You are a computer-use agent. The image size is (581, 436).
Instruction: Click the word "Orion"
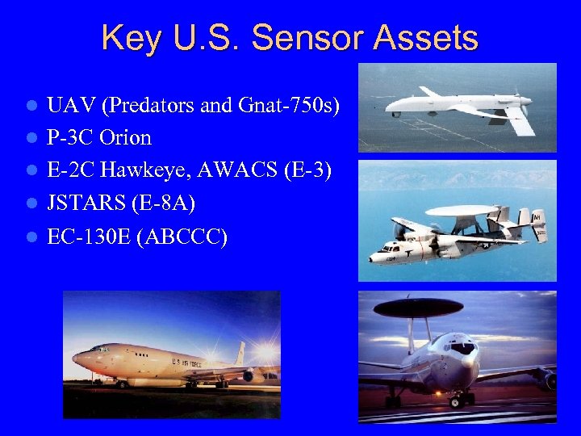125,138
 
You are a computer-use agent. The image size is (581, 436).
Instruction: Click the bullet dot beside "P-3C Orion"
31,138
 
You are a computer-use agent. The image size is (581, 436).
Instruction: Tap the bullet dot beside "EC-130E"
31,237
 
